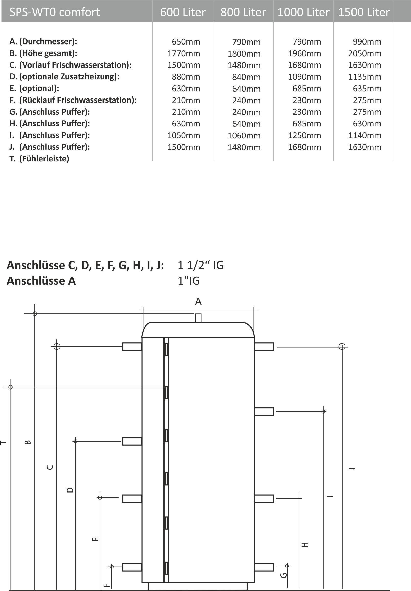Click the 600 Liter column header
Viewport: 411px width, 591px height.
click(x=183, y=12)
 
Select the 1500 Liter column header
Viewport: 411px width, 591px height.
click(x=364, y=12)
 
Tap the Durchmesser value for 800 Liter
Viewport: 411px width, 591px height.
click(x=246, y=42)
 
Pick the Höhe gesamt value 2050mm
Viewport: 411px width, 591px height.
click(x=365, y=53)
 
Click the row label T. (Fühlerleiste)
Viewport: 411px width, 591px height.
click(x=39, y=159)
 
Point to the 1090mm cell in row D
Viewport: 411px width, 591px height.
click(x=304, y=77)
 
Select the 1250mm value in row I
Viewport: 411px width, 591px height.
click(x=304, y=135)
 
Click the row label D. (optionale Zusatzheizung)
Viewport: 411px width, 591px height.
click(x=64, y=77)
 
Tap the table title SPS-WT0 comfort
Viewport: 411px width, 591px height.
click(x=55, y=12)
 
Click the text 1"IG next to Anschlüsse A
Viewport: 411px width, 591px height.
click(x=189, y=281)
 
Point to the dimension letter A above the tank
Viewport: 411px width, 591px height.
click(x=198, y=301)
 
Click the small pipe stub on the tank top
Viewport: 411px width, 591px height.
click(x=198, y=318)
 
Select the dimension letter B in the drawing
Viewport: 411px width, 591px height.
click(x=28, y=442)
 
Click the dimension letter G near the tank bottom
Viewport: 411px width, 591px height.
click(x=284, y=575)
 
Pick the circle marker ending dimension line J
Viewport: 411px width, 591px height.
click(x=342, y=346)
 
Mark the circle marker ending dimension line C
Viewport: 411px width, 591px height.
click(x=57, y=346)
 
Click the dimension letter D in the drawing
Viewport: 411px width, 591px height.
click(x=70, y=490)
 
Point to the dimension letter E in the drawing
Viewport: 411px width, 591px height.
click(x=95, y=539)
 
